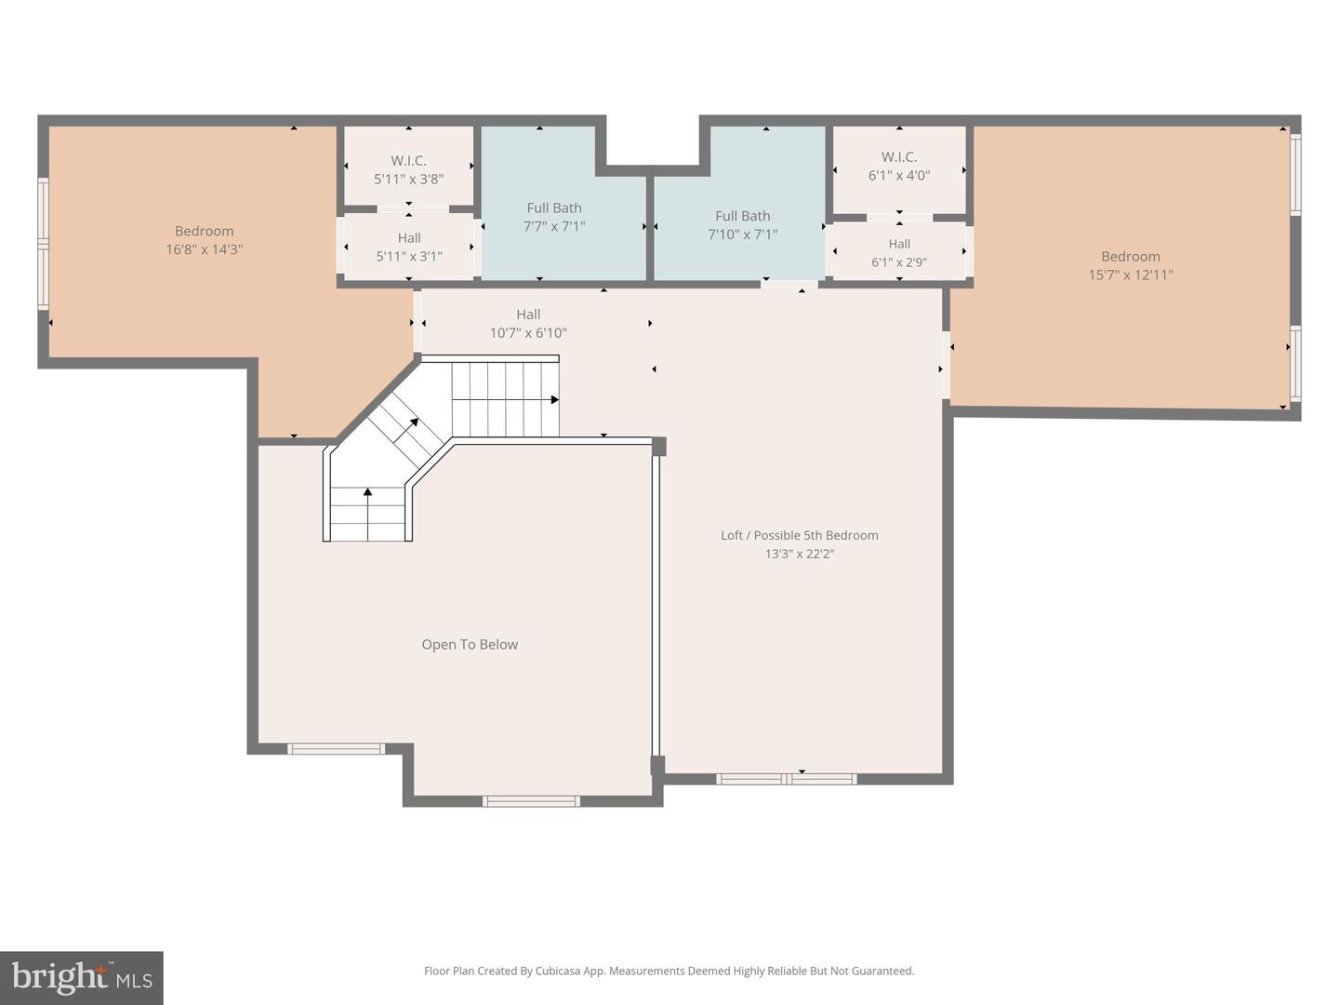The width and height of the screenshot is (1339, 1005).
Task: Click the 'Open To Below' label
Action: [x=470, y=644]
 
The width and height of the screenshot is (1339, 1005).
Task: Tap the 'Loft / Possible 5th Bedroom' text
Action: [x=799, y=535]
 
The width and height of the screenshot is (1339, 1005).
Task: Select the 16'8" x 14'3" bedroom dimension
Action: [x=204, y=249]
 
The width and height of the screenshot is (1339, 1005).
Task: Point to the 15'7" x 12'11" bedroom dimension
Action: [x=1131, y=275]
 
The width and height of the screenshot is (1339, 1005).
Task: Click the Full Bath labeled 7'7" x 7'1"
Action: [x=554, y=217]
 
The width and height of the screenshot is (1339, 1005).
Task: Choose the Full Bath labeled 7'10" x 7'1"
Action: [x=742, y=224]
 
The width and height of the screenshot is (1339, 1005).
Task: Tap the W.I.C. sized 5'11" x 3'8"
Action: [x=408, y=169]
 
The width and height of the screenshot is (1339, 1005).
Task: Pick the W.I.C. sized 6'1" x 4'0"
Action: [x=899, y=166]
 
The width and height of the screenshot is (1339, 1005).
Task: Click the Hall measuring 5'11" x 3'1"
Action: [x=409, y=247]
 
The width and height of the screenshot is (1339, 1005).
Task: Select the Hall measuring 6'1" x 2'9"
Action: [x=899, y=253]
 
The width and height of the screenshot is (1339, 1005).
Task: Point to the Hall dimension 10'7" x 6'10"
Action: [x=528, y=333]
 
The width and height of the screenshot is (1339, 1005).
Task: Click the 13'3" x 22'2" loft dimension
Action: [x=799, y=554]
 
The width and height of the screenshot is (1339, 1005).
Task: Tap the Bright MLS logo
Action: [x=82, y=978]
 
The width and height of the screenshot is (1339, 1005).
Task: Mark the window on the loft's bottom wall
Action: [x=787, y=779]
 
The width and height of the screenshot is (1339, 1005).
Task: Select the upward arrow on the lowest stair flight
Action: [x=368, y=491]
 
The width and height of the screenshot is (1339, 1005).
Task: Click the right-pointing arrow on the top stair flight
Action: [x=554, y=400]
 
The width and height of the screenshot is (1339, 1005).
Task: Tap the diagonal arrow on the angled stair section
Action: [x=413, y=423]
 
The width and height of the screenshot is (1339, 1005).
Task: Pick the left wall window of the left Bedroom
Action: [x=43, y=244]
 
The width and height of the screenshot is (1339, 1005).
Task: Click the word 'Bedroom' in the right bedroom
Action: [x=1131, y=256]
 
